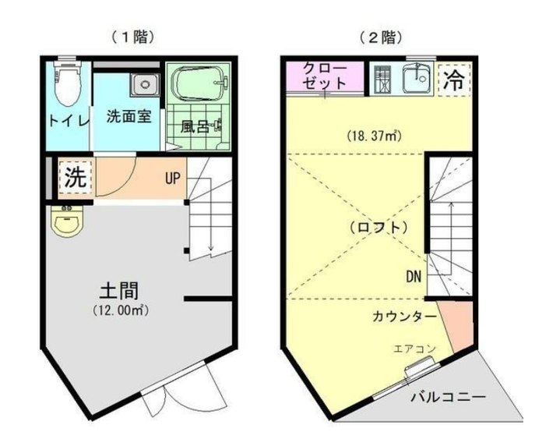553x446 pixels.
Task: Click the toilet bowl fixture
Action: (68, 83)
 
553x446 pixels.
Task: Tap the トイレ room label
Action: (69, 121)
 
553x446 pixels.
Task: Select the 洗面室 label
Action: (129, 116)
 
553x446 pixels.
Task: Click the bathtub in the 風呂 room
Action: (199, 83)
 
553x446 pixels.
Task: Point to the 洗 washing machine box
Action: (76, 177)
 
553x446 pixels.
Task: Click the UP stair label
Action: (173, 179)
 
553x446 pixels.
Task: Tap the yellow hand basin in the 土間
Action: (67, 221)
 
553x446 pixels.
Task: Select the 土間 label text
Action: (119, 290)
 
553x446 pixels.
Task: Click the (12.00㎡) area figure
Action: (120, 310)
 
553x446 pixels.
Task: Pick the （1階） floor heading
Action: (133, 37)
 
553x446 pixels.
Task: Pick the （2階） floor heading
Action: (381, 37)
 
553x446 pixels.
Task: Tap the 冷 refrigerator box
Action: (454, 80)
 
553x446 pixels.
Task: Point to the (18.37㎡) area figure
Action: (374, 135)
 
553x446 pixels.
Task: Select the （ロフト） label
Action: (379, 228)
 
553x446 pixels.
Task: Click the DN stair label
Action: (414, 277)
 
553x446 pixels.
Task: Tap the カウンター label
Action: (404, 317)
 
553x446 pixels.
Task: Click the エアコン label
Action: (414, 349)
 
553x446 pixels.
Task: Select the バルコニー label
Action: (448, 398)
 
